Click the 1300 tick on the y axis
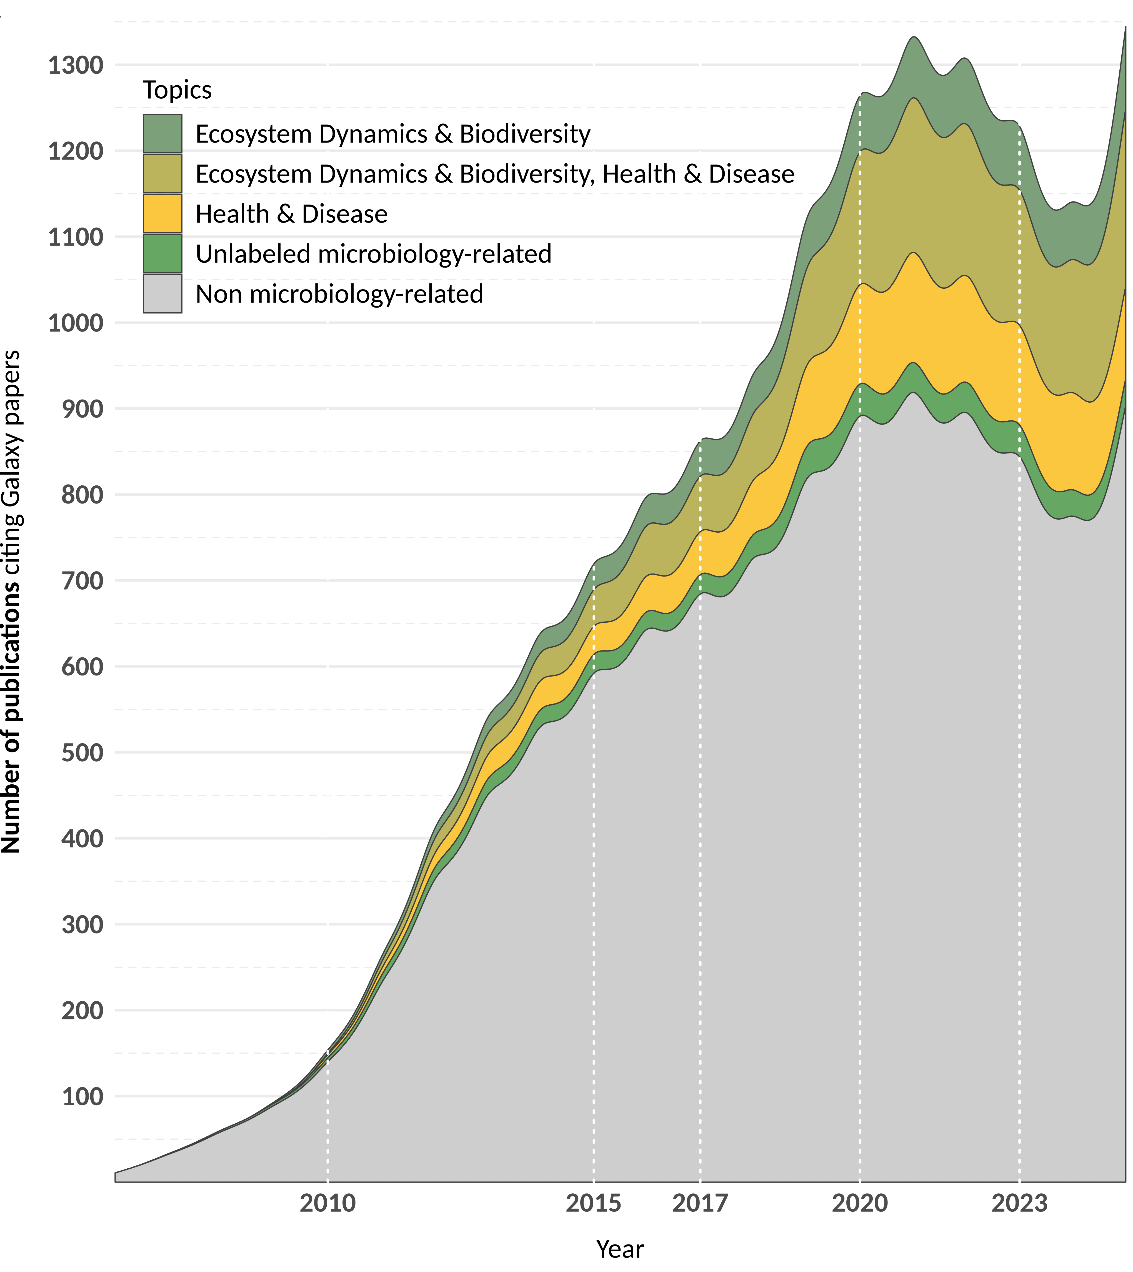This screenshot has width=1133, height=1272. (75, 65)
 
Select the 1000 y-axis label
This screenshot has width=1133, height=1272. (75, 323)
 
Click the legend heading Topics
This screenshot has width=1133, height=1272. (177, 90)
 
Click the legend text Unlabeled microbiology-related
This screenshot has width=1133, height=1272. (374, 254)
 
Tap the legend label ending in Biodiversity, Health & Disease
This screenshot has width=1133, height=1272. (495, 174)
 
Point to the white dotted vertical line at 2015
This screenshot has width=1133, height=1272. (593, 872)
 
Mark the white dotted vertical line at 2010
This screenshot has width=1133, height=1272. (327, 1121)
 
